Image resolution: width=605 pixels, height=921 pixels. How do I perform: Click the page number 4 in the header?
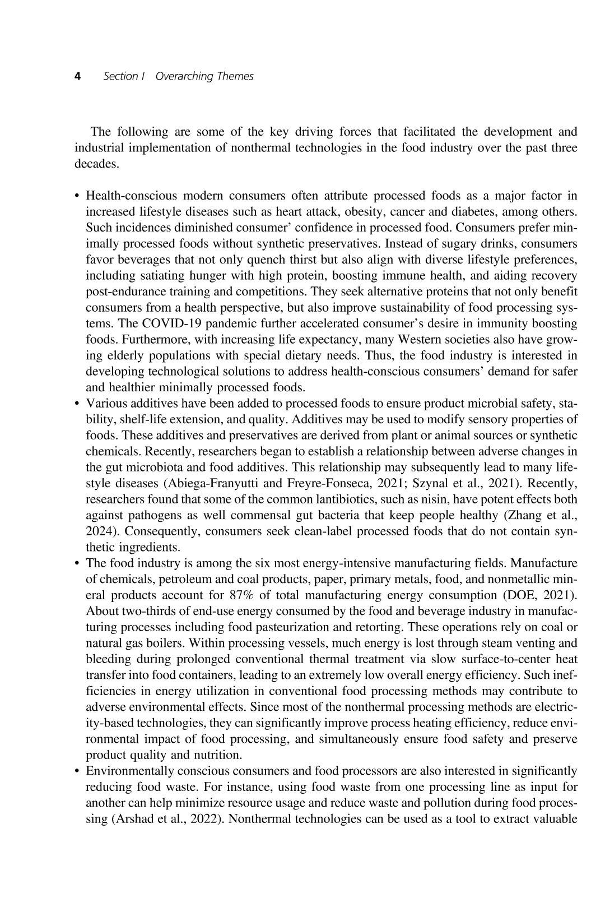coord(78,76)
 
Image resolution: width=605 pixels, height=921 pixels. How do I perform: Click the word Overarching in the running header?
coord(180,76)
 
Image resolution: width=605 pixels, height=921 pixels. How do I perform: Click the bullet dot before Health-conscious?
coord(77,196)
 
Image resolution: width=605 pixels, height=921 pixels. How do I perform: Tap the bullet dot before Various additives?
coord(77,404)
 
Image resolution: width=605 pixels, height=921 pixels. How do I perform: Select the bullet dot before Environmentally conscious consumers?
coord(77,771)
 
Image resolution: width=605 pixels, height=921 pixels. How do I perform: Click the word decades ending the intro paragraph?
coord(95,164)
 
